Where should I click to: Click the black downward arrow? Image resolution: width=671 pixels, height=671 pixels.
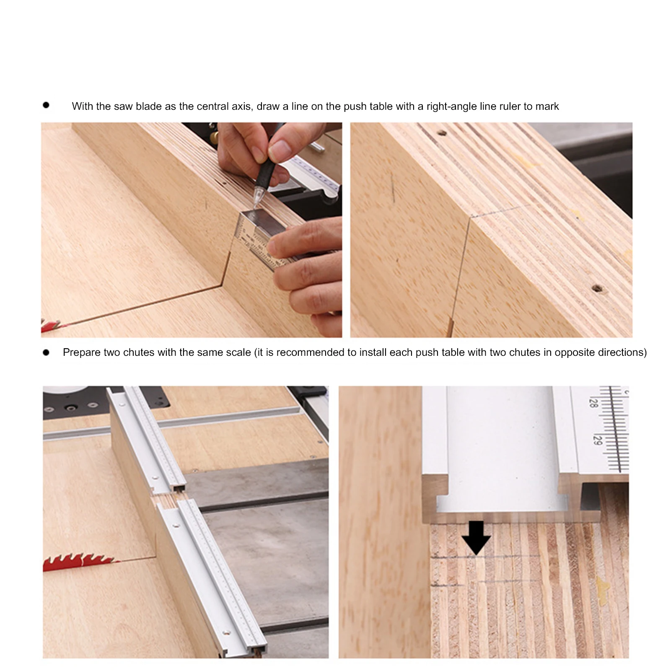coord(476,538)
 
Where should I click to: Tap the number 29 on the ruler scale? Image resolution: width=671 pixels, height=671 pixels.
coord(598,440)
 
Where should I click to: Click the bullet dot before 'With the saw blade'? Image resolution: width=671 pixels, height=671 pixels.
coord(46,105)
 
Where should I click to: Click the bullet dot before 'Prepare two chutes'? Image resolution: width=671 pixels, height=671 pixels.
coord(46,352)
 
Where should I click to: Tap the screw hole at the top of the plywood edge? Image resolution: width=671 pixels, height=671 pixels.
coord(442,133)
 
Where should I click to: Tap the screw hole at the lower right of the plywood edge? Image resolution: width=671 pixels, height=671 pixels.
coord(597,289)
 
